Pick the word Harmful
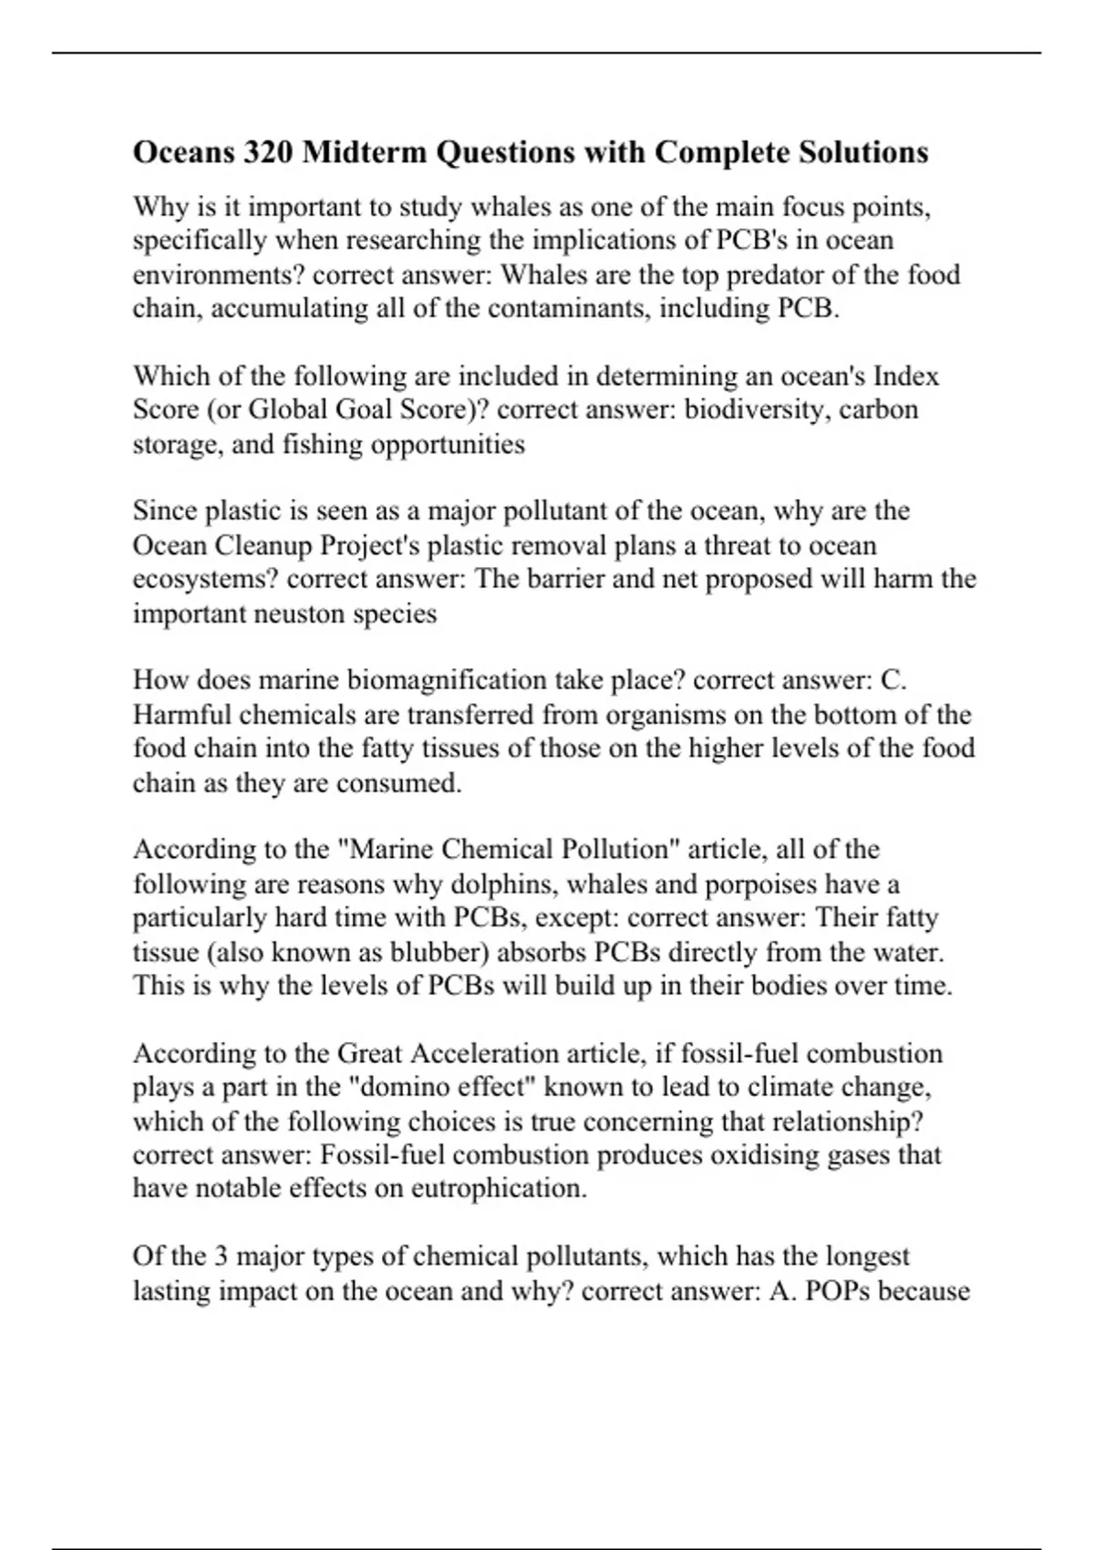click(181, 714)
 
